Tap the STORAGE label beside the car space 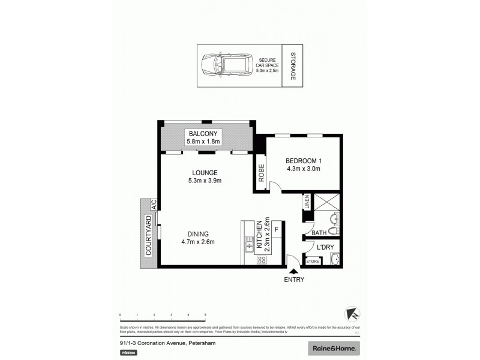pyautogui.click(x=293, y=65)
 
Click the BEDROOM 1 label pyautogui.click(x=303, y=160)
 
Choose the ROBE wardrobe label pyautogui.click(x=262, y=172)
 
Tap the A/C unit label pyautogui.click(x=154, y=205)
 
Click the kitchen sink pyautogui.click(x=248, y=245)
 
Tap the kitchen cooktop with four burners pyautogui.click(x=262, y=259)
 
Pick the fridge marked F pyautogui.click(x=277, y=229)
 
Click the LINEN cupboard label pyautogui.click(x=307, y=202)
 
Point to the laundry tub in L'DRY pyautogui.click(x=334, y=259)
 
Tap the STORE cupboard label pyautogui.click(x=312, y=261)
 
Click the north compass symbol pyautogui.click(x=353, y=314)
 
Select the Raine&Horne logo pyautogui.click(x=334, y=348)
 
